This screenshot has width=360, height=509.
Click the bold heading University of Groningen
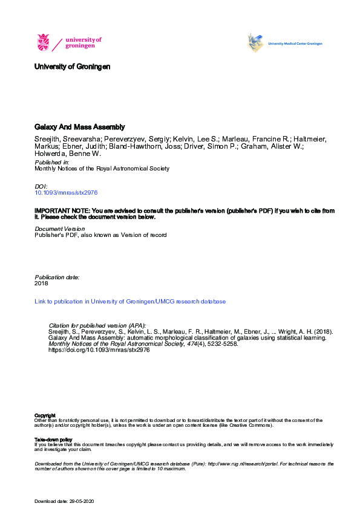73,66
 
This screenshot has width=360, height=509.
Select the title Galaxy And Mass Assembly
79,127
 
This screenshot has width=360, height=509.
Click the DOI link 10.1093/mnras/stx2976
65,192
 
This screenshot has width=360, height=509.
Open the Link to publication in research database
130,301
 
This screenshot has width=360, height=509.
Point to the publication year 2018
41,283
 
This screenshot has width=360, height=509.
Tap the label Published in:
52,163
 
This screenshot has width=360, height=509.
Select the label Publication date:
57,277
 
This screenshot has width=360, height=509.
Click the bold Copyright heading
45,415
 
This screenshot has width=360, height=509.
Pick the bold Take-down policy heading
53,439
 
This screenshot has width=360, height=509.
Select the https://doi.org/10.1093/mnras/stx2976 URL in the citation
98,349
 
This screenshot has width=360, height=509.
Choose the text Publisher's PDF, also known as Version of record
100,235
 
